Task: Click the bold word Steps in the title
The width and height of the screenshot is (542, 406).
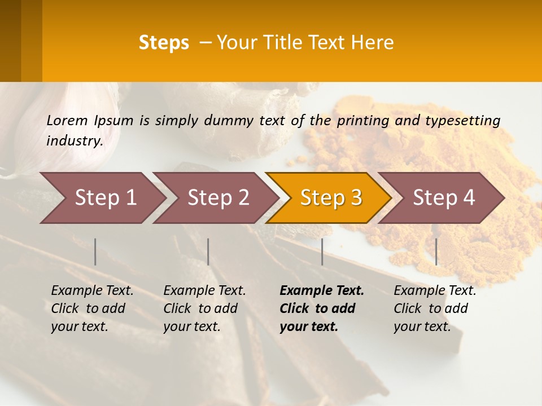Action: (x=164, y=43)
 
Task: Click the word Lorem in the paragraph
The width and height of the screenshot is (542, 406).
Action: (x=67, y=121)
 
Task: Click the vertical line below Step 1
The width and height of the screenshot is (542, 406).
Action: (x=95, y=251)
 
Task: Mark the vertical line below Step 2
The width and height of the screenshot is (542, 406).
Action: (x=208, y=251)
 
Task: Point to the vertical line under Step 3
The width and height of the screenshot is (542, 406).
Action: (x=322, y=251)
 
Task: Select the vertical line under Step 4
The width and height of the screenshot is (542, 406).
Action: (x=436, y=251)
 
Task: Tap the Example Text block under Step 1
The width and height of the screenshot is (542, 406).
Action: (x=92, y=308)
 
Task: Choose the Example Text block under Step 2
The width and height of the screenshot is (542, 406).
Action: (x=204, y=308)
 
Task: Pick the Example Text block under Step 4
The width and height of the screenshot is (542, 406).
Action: (x=435, y=308)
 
